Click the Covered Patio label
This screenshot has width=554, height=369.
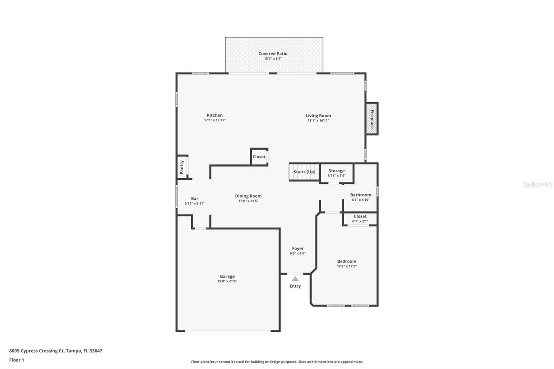[x=273, y=54]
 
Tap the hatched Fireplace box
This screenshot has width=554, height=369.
[x=371, y=119]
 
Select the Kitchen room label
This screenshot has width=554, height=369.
[x=215, y=115]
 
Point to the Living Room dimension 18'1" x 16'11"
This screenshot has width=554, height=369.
[x=318, y=121]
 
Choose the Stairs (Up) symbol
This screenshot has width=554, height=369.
[x=304, y=172]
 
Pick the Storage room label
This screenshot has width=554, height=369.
[x=336, y=171]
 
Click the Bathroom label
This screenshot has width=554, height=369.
[x=361, y=195]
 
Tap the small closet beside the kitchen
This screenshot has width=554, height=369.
[x=259, y=157]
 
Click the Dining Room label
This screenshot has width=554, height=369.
[x=248, y=196]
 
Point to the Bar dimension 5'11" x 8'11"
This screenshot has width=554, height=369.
[x=194, y=203]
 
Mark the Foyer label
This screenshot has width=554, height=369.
[x=298, y=248]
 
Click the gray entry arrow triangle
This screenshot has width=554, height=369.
[x=295, y=279]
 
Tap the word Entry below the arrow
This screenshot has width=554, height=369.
[x=295, y=286]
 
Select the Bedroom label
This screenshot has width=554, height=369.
[x=347, y=261]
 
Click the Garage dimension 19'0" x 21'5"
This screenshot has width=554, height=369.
[x=227, y=281]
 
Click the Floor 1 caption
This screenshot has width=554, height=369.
[x=16, y=360]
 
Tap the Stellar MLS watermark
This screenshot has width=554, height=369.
[x=538, y=184]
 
